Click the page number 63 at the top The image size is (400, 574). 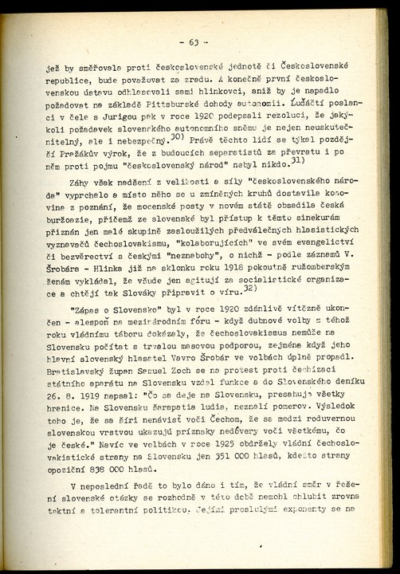[x=194, y=42]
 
